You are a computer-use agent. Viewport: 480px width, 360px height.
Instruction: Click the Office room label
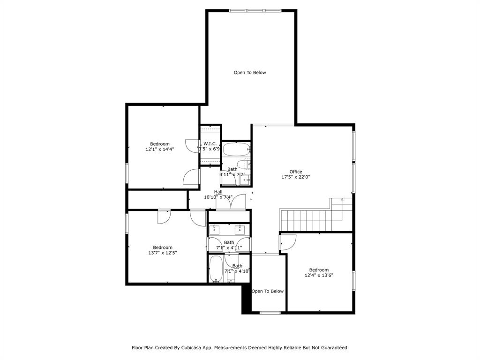pyautogui.click(x=295, y=172)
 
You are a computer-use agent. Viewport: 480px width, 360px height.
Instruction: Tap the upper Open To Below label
pyautogui.click(x=250, y=73)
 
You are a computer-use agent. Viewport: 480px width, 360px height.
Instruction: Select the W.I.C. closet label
pyautogui.click(x=210, y=143)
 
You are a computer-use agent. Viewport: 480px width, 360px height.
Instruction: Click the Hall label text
pyautogui.click(x=218, y=192)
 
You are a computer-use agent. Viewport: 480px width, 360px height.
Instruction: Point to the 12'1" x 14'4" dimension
pyautogui.click(x=160, y=150)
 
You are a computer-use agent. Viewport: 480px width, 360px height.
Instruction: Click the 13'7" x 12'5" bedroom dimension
pyautogui.click(x=162, y=253)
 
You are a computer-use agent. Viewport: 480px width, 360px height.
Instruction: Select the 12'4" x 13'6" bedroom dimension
pyautogui.click(x=319, y=275)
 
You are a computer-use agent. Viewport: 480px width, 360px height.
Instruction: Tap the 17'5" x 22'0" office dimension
pyautogui.click(x=295, y=177)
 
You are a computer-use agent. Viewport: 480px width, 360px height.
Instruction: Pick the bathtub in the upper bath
pyautogui.click(x=236, y=150)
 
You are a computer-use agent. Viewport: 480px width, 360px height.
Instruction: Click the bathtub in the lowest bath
pyautogui.click(x=216, y=269)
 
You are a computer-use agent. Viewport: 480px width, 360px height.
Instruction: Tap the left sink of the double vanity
pyautogui.click(x=215, y=229)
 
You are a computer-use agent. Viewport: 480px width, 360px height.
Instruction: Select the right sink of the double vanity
pyautogui.click(x=240, y=229)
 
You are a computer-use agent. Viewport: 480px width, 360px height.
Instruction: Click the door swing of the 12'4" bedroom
pyautogui.click(x=288, y=242)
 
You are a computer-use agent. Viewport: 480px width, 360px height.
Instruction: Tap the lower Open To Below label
pyautogui.click(x=268, y=291)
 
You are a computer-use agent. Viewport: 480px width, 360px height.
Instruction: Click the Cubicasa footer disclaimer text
pyautogui.click(x=240, y=348)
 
